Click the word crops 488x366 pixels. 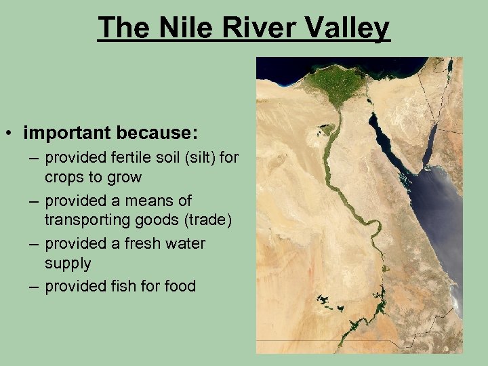(x=64, y=177)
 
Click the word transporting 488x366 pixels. (x=87, y=219)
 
